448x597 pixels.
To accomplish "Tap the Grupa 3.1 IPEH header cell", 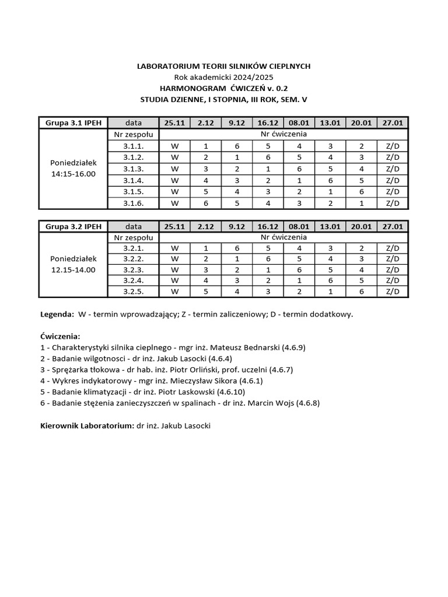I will tap(73, 122).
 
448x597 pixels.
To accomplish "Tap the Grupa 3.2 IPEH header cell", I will tap(73, 226).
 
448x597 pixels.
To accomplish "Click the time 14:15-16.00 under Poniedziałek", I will tap(73, 174).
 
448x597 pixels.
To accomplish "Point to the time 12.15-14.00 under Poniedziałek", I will tap(73, 270).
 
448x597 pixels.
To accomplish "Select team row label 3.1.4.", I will tap(134, 180).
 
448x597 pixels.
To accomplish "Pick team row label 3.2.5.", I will tap(134, 292).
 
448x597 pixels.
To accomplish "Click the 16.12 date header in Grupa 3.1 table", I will tap(267, 122).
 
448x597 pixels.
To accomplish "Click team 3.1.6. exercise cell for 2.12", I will tap(205, 203).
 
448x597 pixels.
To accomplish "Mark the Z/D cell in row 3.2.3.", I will tap(393, 269).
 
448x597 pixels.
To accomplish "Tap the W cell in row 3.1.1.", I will tap(174, 146).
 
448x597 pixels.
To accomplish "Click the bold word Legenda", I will tap(57, 314).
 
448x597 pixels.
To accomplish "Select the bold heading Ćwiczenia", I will tap(60, 336).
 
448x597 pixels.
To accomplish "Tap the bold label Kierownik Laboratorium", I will tap(87, 426).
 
